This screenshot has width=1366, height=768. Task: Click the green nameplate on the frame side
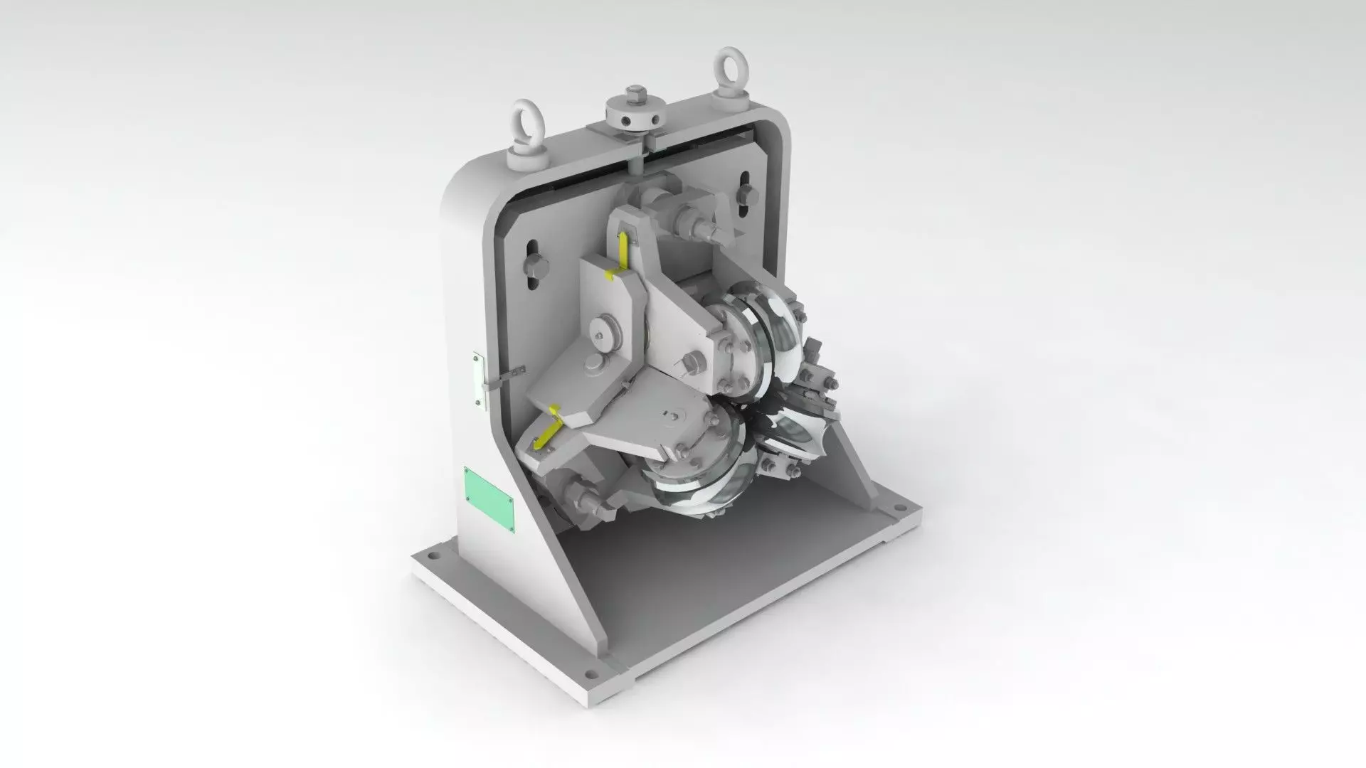(x=489, y=498)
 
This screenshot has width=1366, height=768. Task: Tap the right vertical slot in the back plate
(x=744, y=193)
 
